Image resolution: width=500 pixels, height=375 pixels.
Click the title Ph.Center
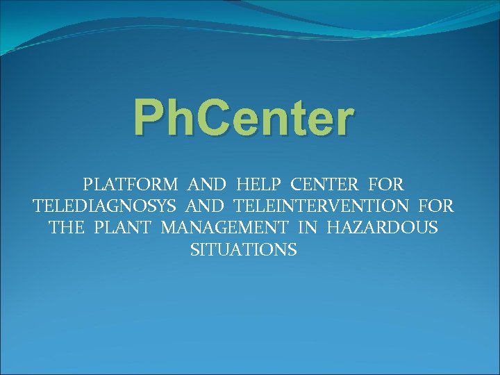point(244,118)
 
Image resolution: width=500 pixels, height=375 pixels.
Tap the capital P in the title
point(149,118)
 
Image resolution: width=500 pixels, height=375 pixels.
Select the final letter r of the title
point(344,122)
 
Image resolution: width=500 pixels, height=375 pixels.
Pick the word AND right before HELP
point(208,185)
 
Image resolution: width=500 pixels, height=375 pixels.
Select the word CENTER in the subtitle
point(325,185)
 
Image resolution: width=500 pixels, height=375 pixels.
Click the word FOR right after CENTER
point(387,185)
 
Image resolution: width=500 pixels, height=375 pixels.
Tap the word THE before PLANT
point(67,228)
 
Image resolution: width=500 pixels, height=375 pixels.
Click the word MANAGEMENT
point(224,228)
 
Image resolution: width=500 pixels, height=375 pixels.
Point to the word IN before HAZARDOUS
point(307,228)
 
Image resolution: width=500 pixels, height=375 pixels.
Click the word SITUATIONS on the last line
point(244,249)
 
